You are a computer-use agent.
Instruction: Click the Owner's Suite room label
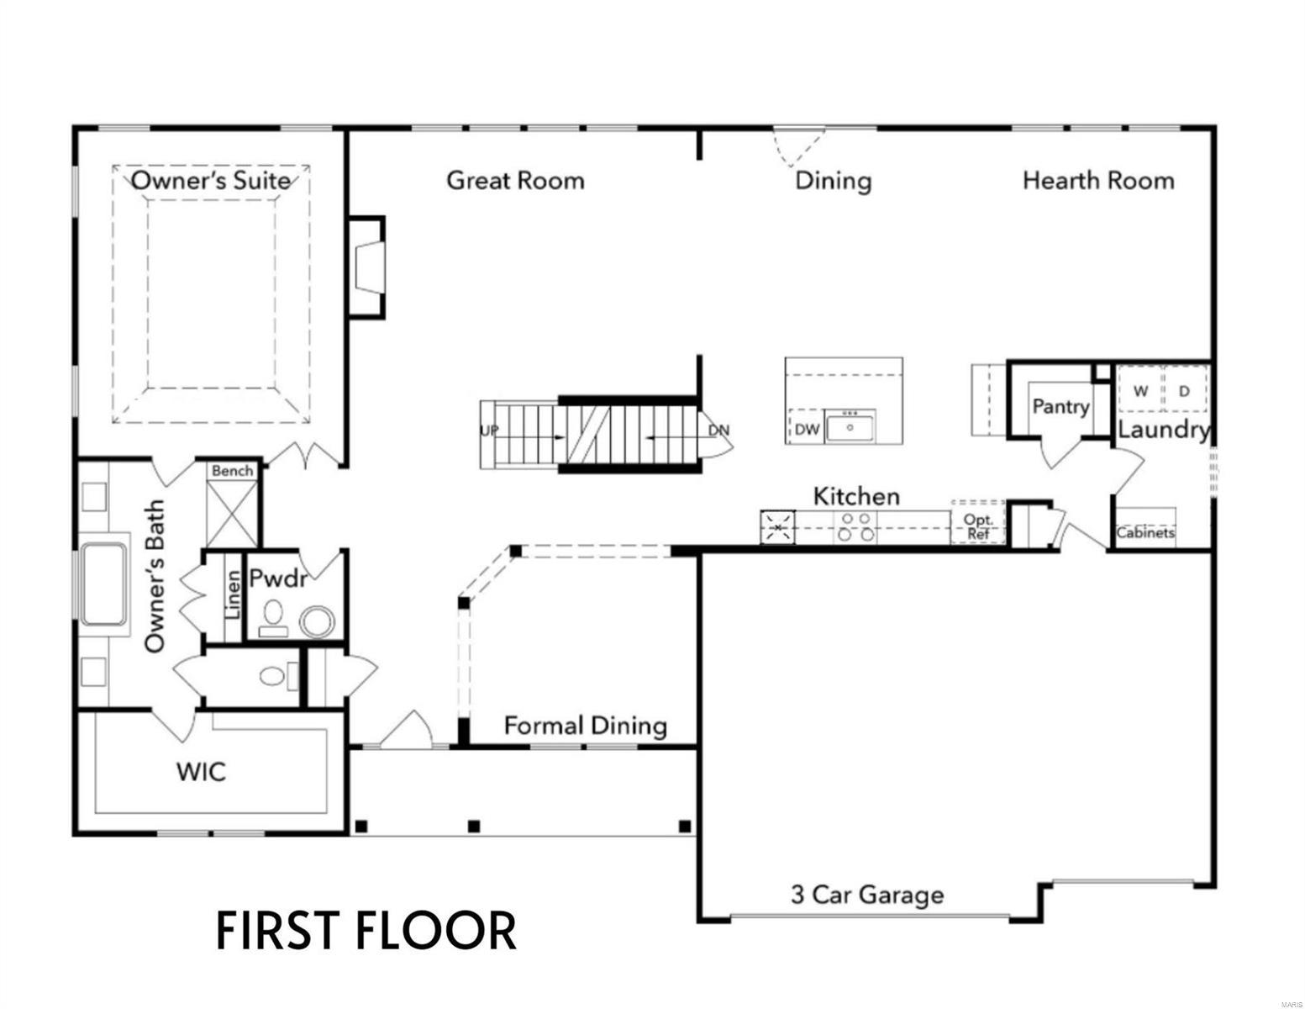pos(211,180)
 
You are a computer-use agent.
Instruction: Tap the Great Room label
pos(515,180)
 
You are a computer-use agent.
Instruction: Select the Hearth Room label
pos(1098,180)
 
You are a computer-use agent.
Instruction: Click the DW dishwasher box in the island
pos(807,429)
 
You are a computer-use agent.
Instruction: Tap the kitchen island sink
pos(850,428)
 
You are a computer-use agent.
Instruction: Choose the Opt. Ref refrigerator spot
pos(978,526)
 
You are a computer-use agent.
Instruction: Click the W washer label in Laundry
pos(1140,391)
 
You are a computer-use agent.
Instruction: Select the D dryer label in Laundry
pos(1185,391)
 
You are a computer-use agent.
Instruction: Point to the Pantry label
pos(1060,407)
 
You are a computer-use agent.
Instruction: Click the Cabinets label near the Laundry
pos(1145,532)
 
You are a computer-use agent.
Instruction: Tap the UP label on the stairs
pos(489,431)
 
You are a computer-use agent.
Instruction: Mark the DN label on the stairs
pos(718,431)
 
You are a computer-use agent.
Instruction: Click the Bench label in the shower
pos(233,471)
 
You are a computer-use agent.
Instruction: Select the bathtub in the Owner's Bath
pos(104,584)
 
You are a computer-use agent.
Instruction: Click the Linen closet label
pos(233,594)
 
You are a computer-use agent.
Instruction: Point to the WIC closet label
pos(201,771)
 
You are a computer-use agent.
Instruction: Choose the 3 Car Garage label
pos(867,895)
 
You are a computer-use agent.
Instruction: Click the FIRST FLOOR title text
pos(366,931)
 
